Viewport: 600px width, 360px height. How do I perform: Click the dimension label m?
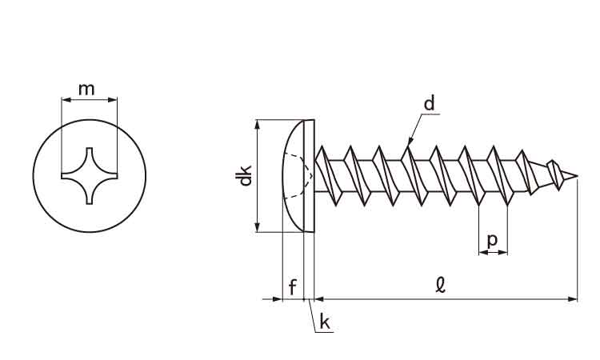89,88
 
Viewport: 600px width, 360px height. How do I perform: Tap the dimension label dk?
246,175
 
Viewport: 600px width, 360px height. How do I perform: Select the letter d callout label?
430,103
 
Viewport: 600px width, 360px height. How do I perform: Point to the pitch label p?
492,239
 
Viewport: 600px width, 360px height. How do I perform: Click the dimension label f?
294,286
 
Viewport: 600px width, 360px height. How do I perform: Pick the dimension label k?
325,322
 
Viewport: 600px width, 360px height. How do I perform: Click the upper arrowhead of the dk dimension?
257,123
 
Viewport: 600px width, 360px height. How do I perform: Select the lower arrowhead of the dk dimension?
257,228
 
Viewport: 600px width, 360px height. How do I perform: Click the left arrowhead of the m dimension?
65,100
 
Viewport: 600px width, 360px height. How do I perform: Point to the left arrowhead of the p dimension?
482,253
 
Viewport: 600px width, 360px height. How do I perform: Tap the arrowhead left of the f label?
278,299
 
